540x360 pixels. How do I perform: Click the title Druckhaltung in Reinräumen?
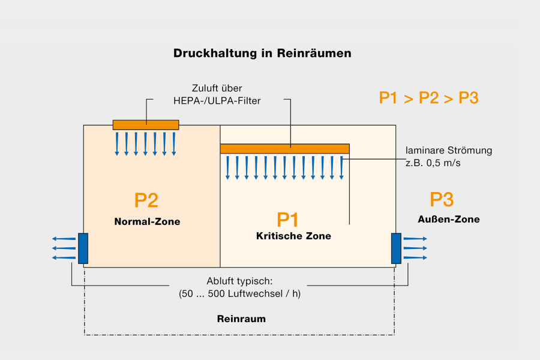coord(262,53)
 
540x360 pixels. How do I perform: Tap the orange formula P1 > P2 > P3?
coord(428,98)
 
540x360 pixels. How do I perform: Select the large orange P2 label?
coord(146,200)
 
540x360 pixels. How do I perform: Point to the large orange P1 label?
coord(287,220)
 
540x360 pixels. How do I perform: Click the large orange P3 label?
coord(442,200)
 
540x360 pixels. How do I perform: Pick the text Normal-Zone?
coord(147,222)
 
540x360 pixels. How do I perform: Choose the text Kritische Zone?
coord(293,236)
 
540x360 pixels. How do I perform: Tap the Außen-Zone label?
coord(448,220)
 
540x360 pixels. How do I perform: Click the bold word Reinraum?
coord(241,319)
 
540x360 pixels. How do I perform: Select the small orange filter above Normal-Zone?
coord(146,125)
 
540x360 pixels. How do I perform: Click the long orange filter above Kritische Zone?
coord(284,149)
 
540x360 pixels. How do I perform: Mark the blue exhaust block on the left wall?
coord(83,248)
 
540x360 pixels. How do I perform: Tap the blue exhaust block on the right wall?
coord(396,248)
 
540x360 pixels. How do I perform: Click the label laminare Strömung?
coord(449,151)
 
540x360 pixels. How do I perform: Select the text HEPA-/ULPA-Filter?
coord(217,101)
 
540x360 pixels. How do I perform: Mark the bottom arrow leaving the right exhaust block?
coord(415,258)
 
